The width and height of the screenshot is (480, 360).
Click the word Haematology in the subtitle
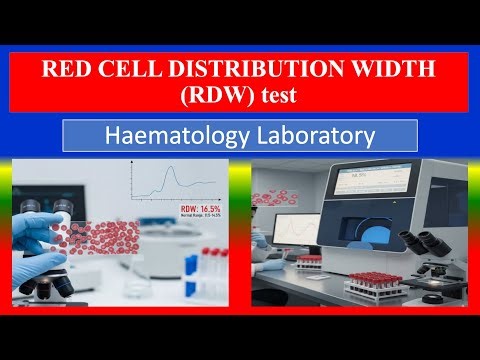[178, 135]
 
